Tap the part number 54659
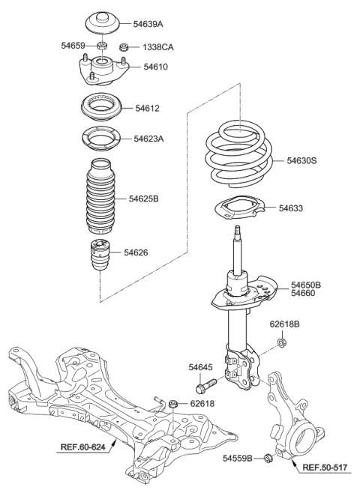(74, 46)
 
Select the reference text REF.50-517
(326, 468)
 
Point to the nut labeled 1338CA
(125, 47)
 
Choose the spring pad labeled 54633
(238, 209)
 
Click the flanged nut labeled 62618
(172, 405)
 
